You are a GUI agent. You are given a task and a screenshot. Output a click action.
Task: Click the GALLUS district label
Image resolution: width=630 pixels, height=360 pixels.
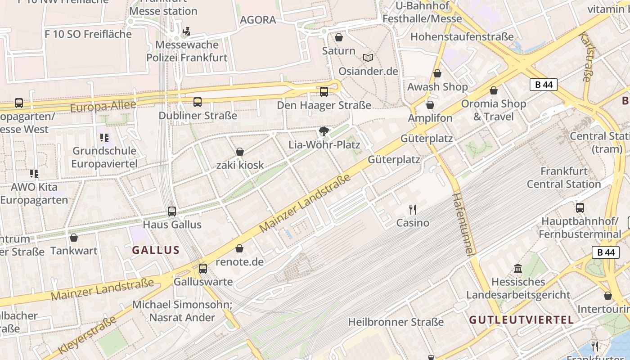pos(156,250)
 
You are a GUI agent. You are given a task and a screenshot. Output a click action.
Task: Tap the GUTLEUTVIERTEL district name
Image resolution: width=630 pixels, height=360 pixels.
pos(521,320)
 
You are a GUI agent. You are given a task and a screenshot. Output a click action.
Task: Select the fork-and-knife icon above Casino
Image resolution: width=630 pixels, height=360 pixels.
pos(412,209)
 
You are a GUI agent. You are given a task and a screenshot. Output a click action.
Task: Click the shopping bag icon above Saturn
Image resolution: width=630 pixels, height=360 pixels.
pos(339,37)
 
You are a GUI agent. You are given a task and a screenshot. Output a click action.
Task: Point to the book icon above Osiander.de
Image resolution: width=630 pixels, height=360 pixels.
pos(368,58)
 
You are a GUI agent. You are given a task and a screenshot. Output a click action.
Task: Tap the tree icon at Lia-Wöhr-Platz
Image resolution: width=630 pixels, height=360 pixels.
pos(323,131)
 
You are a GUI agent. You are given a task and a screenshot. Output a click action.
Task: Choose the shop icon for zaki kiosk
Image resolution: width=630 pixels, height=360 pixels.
pos(240,152)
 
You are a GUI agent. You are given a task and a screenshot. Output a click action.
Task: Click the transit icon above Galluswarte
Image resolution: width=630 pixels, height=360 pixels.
pos(203,269)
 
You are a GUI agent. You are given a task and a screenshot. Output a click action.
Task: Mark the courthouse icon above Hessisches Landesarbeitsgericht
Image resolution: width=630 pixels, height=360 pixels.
pos(518,268)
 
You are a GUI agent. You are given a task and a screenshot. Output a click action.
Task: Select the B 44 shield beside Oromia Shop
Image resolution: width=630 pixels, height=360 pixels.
pos(543,85)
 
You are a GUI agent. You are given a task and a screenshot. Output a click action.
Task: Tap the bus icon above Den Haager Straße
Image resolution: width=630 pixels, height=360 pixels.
pos(324,92)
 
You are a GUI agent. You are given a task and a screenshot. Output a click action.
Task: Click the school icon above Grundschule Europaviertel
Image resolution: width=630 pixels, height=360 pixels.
pos(104,137)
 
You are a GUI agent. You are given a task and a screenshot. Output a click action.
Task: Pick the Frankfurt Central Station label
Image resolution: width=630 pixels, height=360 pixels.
pos(564,177)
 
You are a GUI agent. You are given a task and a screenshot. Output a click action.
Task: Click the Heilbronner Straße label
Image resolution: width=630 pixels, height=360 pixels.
pos(396,322)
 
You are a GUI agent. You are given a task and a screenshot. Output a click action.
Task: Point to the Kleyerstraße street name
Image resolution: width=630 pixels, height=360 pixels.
pos(87,335)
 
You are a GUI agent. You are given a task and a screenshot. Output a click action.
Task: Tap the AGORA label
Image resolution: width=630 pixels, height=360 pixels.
pos(258,20)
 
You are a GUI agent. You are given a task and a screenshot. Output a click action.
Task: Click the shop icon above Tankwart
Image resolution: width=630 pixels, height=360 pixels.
pos(74,238)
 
